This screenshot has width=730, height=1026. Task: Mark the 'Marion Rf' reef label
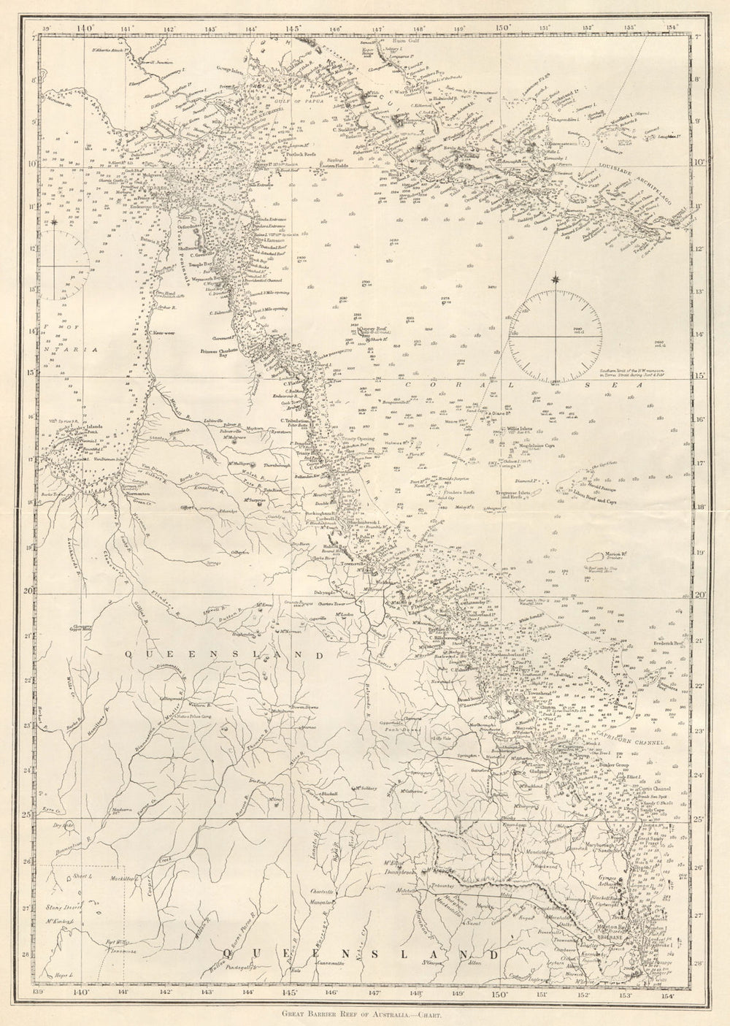coord(603,551)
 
